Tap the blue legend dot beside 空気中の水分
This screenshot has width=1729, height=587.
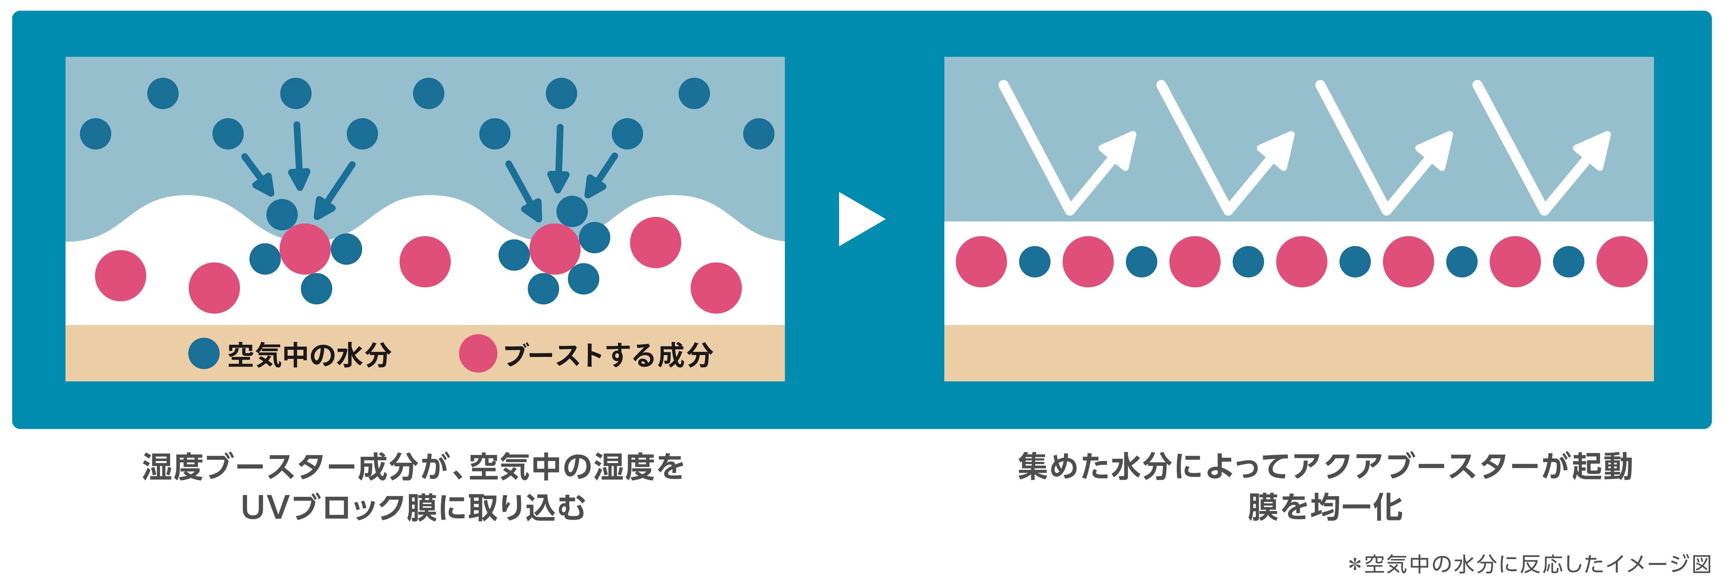203,353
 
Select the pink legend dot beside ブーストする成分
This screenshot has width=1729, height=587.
478,353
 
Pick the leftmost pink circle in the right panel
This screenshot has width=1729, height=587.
981,262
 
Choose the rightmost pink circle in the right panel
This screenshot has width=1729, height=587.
1622,262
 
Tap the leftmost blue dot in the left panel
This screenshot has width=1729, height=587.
95,133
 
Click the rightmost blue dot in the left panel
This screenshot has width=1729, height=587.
759,133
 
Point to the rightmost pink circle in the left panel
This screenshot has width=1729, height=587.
716,288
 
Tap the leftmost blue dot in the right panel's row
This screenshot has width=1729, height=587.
1034,262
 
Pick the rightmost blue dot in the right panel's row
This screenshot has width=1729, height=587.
1569,262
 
